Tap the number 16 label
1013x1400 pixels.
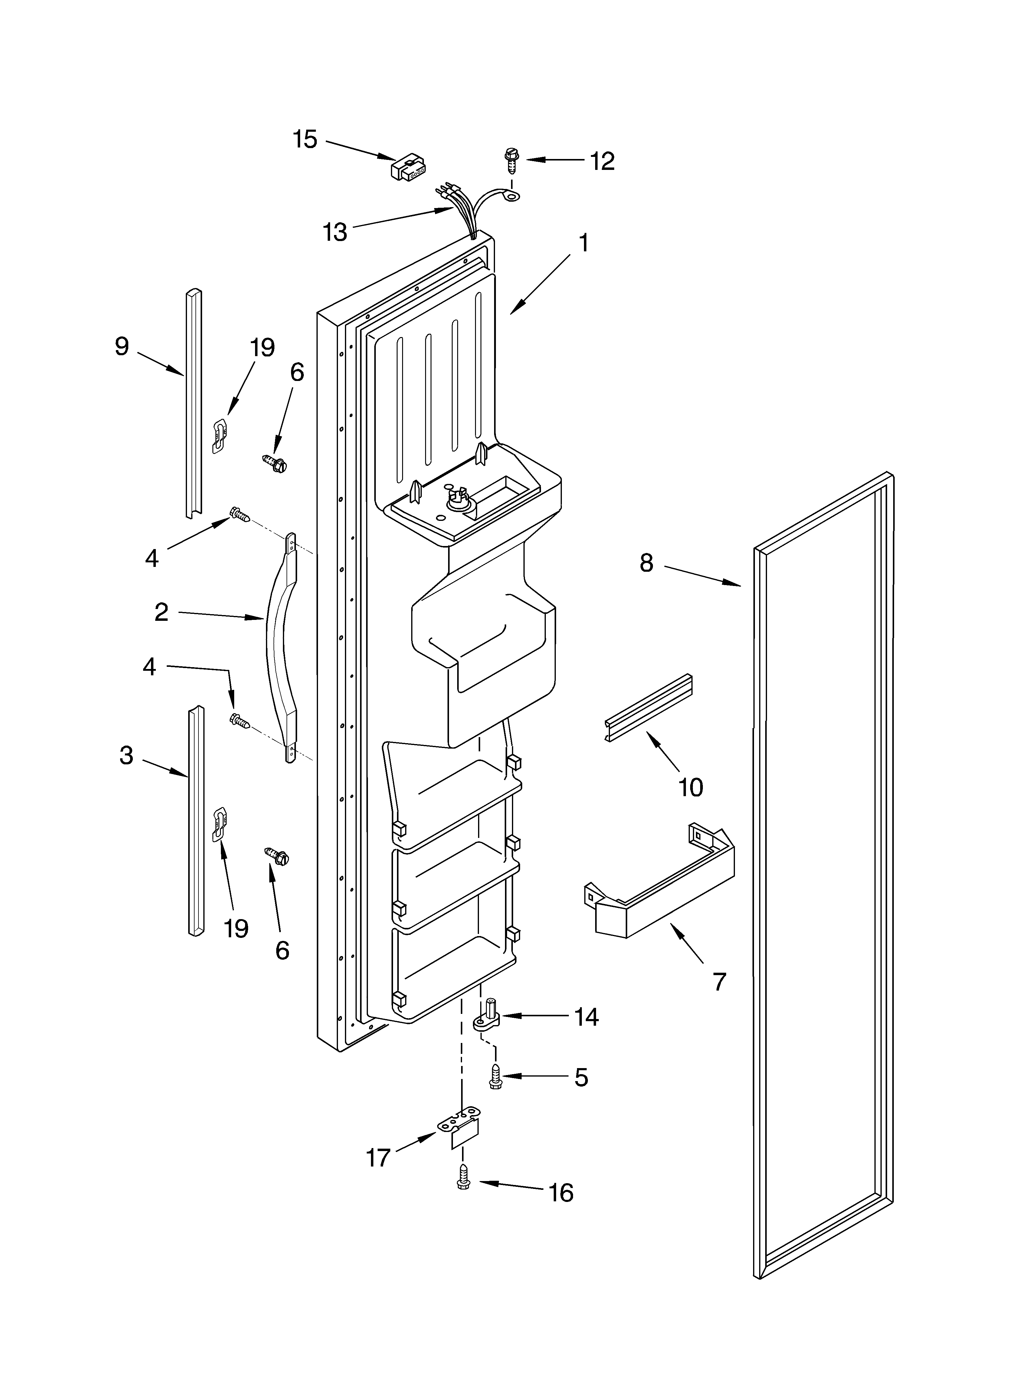(x=561, y=1193)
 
